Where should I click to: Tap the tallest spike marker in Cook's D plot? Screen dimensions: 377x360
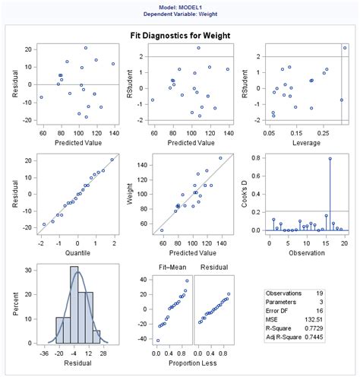coord(330,158)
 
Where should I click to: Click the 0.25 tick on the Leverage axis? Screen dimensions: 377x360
coord(326,133)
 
